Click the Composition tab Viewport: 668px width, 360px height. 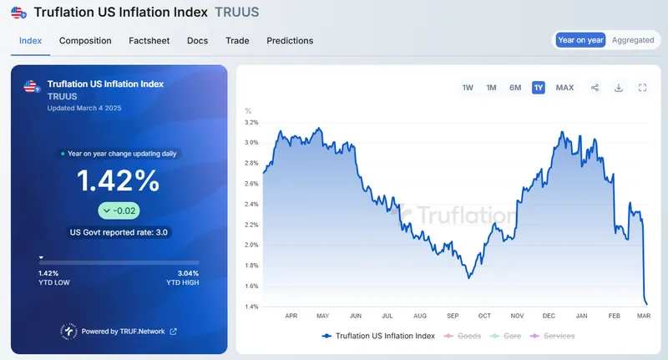pos(85,40)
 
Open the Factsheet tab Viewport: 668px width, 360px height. pos(149,40)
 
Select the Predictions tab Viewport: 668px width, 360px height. pos(290,40)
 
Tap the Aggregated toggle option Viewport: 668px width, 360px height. pos(633,40)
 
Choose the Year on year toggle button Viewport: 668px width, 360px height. pos(581,40)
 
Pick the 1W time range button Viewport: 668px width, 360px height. pos(468,88)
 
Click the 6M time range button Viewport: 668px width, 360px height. pos(515,88)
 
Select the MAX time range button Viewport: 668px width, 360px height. pos(564,88)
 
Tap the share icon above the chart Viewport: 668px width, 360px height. pos(595,88)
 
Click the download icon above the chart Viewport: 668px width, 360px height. pos(619,88)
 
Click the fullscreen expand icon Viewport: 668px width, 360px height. pos(643,88)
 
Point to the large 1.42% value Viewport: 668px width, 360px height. pos(119,180)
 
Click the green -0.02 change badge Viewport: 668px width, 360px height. pos(119,210)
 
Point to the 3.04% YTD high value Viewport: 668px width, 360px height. pos(189,273)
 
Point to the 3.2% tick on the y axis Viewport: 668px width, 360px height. pos(251,122)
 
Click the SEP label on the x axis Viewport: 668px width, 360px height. pos(453,317)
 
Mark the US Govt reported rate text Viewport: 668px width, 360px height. pos(119,232)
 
